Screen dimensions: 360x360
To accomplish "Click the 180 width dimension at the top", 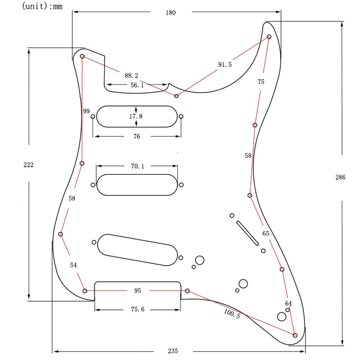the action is pyautogui.click(x=170, y=12).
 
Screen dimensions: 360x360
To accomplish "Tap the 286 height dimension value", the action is pyautogui.click(x=340, y=177).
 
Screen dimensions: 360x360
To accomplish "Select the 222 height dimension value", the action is pyautogui.click(x=28, y=165).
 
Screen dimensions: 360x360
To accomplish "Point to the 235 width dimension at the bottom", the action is pyautogui.click(x=173, y=351).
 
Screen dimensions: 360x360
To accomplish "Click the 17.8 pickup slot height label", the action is pyautogui.click(x=136, y=116).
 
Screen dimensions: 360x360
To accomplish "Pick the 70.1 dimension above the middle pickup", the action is pyautogui.click(x=137, y=166).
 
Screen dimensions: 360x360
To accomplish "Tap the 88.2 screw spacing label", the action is pyautogui.click(x=131, y=75).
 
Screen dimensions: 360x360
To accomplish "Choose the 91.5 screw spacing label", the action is pyautogui.click(x=225, y=64).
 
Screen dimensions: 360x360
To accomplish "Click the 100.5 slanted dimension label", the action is pyautogui.click(x=232, y=313).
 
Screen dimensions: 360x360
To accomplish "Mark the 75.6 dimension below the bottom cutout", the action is pyautogui.click(x=138, y=309).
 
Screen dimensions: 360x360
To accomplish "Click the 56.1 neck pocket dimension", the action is pyautogui.click(x=137, y=85).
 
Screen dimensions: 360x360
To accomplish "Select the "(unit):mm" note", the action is pyautogui.click(x=42, y=6).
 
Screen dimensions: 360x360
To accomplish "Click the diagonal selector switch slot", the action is pyautogui.click(x=247, y=233).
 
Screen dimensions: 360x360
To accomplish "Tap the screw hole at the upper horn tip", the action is pyautogui.click(x=269, y=37).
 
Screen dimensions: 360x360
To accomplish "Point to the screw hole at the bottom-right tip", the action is pyautogui.click(x=295, y=335).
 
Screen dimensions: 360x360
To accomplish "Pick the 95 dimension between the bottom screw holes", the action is pyautogui.click(x=137, y=291).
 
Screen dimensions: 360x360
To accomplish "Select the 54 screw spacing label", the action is pyautogui.click(x=73, y=265).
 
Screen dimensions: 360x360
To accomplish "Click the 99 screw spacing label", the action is pyautogui.click(x=86, y=111).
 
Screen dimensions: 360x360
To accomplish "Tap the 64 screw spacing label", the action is pyautogui.click(x=288, y=303).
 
